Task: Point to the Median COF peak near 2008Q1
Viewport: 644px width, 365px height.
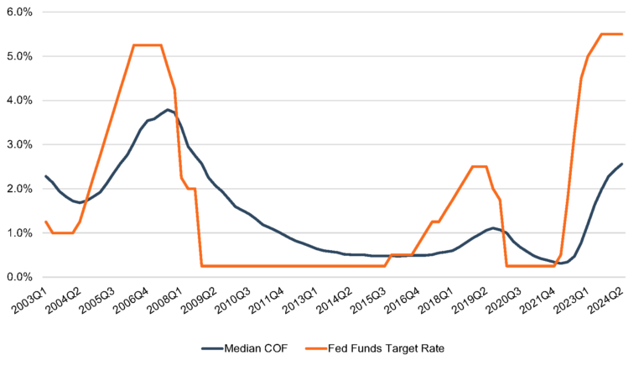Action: point(168,109)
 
